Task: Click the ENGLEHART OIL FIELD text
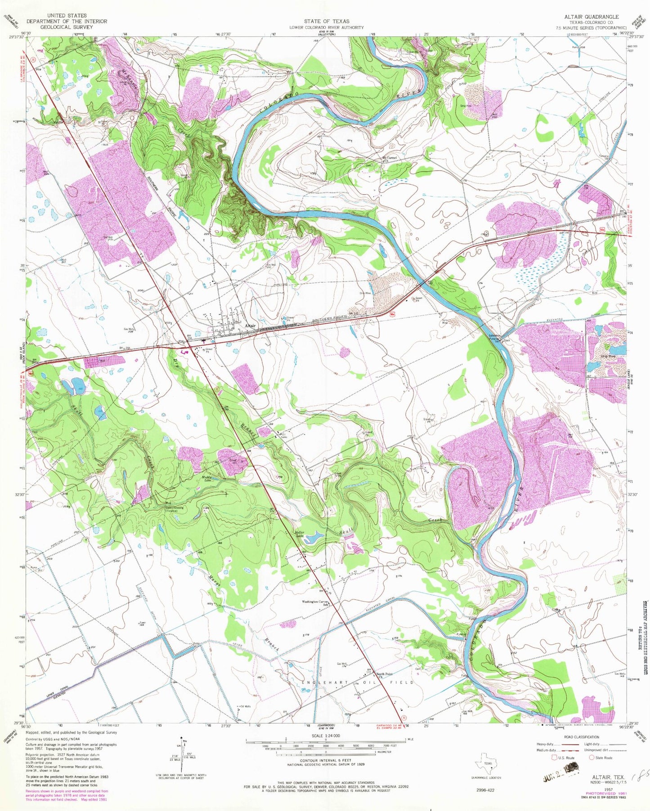pos(357,682)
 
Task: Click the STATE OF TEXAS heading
pos(326,21)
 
